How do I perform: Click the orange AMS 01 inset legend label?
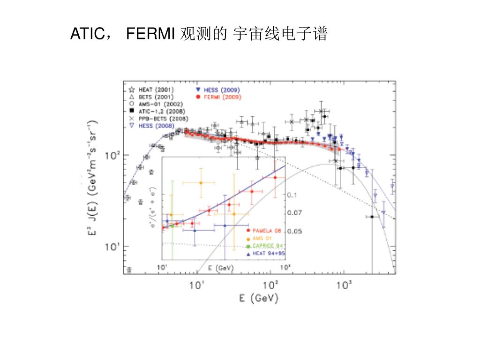pyautogui.click(x=262, y=238)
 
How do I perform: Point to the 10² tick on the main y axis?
pyautogui.click(x=114, y=156)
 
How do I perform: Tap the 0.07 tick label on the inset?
pyautogui.click(x=295, y=212)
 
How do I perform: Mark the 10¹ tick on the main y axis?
pyautogui.click(x=114, y=247)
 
